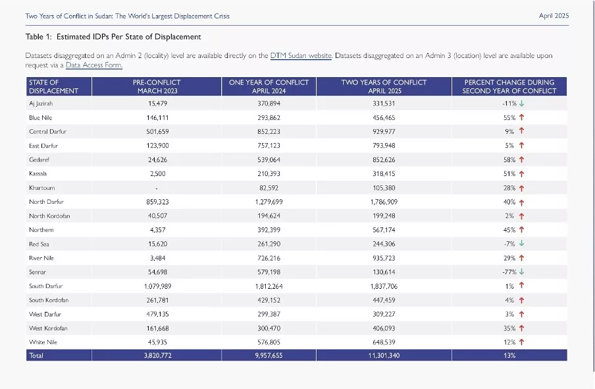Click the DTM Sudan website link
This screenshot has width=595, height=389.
[x=301, y=55]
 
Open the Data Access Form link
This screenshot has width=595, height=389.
[x=93, y=65]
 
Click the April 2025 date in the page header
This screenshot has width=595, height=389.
[x=554, y=16]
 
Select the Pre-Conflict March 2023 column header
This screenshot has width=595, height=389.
[x=157, y=86]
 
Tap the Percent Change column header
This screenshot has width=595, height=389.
[x=509, y=86]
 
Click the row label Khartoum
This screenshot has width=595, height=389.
[x=41, y=188]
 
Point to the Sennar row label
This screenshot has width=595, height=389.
[x=37, y=272]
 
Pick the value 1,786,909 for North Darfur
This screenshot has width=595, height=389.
[x=384, y=202]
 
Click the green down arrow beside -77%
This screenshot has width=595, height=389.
[x=521, y=272]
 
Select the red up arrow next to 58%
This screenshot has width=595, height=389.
[x=521, y=160]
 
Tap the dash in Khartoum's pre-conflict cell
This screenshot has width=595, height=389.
[x=157, y=188]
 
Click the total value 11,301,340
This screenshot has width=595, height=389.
[x=384, y=355]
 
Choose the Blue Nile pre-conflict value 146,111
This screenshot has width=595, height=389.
[x=157, y=118]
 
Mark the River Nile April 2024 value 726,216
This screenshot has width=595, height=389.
[x=269, y=258]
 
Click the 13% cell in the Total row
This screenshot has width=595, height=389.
[x=509, y=355]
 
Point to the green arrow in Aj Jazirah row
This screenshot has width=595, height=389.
[x=521, y=103]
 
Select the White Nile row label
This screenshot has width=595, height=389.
[x=43, y=342]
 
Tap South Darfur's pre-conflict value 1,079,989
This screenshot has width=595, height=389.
[x=157, y=286]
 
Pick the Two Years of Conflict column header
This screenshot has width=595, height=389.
[x=384, y=86]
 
